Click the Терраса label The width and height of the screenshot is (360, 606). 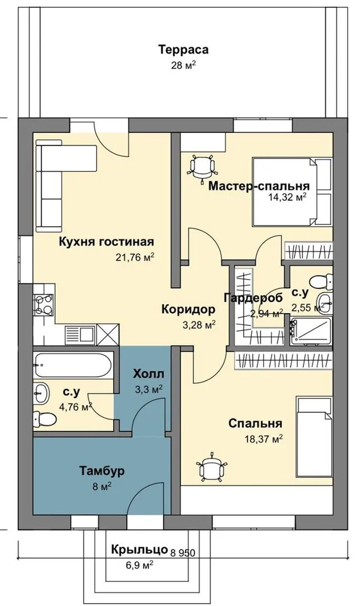[183, 50]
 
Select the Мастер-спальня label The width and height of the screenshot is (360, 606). [259, 186]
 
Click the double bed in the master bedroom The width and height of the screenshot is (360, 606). [292, 191]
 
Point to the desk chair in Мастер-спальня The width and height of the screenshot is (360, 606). [202, 167]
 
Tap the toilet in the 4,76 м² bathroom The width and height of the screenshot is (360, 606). [42, 419]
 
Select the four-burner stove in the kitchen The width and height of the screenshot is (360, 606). [44, 304]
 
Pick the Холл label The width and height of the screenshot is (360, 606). [149, 374]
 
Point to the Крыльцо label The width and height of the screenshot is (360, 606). [140, 549]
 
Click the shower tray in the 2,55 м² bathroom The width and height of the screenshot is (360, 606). [311, 331]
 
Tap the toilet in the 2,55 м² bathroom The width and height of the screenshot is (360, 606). [321, 281]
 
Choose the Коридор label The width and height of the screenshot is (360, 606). [188, 309]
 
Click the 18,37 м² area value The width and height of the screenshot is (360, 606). [264, 439]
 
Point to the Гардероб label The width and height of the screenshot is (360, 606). [253, 297]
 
